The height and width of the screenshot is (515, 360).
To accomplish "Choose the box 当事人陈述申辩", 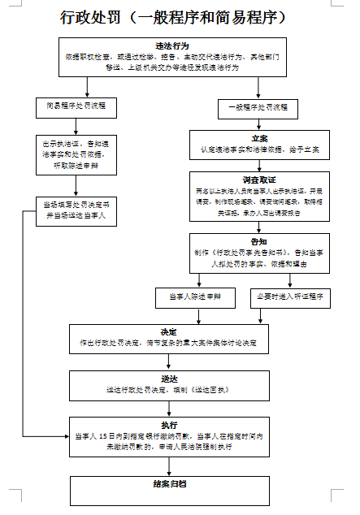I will pos(195,298).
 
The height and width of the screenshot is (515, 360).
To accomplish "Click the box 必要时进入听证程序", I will pos(289,298).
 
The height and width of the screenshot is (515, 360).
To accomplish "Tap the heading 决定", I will pos(169,332).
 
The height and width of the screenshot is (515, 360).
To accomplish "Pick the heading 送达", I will pos(169,379).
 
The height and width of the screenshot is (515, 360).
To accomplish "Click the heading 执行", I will pos(169,425).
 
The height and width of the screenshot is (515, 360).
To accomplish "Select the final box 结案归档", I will pos(169,483).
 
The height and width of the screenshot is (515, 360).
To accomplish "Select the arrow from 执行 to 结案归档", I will pos(169,465).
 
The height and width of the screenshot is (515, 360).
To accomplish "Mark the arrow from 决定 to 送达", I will pos(169,362).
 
